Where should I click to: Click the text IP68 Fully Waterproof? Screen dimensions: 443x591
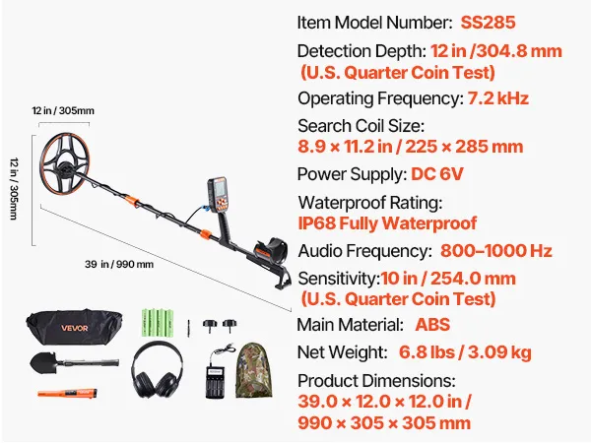coord(387,223)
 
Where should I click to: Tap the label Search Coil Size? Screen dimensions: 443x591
coord(361,126)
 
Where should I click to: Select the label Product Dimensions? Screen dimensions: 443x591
coord(376,380)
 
